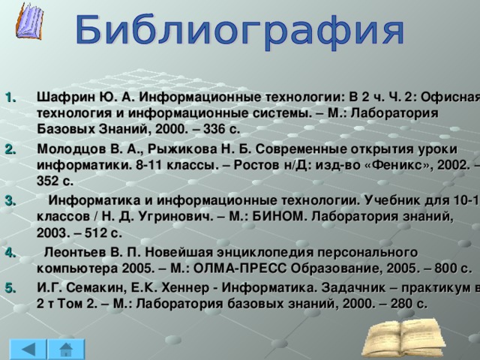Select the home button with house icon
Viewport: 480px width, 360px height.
click(67, 350)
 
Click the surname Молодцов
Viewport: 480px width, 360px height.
click(68, 150)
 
